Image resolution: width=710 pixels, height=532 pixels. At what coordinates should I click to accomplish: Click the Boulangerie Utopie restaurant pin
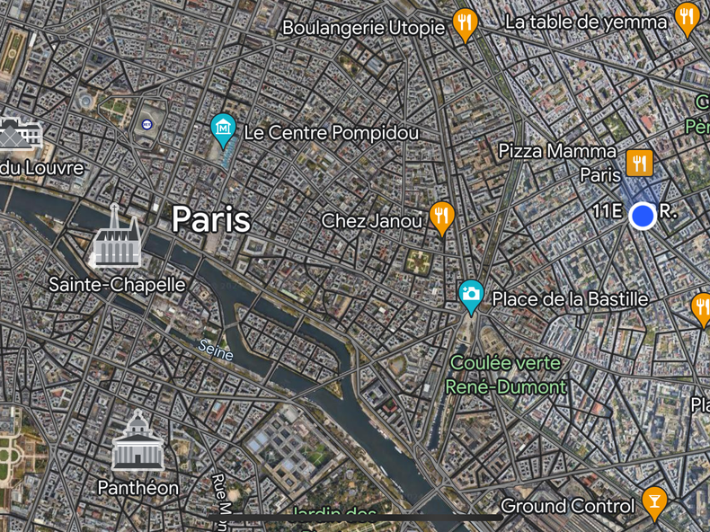click(464, 23)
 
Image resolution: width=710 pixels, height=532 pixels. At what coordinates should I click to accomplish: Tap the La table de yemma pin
click(688, 17)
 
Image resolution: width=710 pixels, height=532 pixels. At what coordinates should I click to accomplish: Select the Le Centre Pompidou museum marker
click(223, 129)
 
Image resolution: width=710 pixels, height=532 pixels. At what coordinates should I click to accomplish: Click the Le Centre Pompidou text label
click(332, 133)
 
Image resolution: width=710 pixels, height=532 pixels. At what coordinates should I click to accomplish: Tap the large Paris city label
click(210, 218)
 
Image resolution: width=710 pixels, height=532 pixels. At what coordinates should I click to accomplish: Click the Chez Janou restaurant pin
click(440, 217)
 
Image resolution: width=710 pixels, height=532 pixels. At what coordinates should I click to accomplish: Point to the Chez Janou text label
click(372, 220)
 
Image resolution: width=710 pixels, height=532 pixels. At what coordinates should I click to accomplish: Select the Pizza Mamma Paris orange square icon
click(640, 163)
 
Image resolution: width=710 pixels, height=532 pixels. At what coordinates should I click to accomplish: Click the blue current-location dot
click(642, 216)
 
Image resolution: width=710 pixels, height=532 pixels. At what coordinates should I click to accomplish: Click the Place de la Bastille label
click(570, 299)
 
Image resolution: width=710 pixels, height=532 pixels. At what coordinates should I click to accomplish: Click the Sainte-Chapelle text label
click(117, 285)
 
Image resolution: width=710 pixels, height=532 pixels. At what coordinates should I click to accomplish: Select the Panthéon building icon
click(138, 441)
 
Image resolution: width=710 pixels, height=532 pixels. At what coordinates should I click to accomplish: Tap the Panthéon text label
click(138, 488)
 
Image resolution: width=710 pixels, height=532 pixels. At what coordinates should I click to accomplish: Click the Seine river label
click(216, 350)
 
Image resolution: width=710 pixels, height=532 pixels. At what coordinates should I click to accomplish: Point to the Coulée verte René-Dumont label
click(507, 376)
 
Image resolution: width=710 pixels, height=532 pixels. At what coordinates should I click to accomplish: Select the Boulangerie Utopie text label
click(364, 28)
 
